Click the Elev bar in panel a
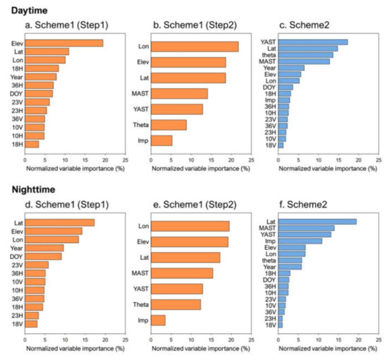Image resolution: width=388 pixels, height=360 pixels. pos(63,43)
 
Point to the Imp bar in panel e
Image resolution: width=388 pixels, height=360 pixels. pos(159,320)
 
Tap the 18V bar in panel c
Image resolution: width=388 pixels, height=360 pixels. pos(281,145)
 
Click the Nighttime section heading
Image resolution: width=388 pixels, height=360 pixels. pos(26,189)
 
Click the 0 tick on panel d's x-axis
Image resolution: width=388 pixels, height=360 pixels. pos(25,340)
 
